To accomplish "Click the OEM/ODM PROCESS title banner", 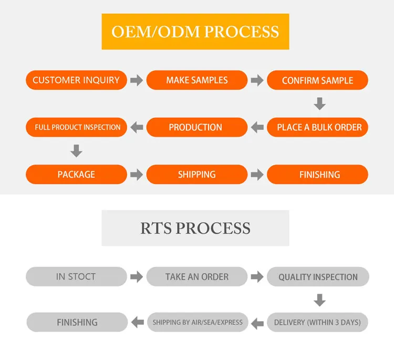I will pyautogui.click(x=195, y=32).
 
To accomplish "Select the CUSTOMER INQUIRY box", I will pyautogui.click(x=76, y=80).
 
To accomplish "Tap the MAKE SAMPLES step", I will pyautogui.click(x=197, y=80).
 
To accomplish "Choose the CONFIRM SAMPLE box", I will pyautogui.click(x=317, y=80).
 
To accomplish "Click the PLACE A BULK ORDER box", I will pyautogui.click(x=317, y=127).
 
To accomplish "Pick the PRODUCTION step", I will pyautogui.click(x=197, y=127).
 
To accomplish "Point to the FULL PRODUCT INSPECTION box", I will pyautogui.click(x=77, y=127).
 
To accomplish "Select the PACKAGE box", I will pyautogui.click(x=77, y=174).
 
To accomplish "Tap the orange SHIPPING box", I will pyautogui.click(x=197, y=174).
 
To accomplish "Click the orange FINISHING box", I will pyautogui.click(x=317, y=174).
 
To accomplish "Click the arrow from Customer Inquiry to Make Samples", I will pyautogui.click(x=137, y=80).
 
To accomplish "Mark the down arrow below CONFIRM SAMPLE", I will pyautogui.click(x=319, y=104).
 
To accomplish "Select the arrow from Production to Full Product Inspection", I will pyautogui.click(x=137, y=127).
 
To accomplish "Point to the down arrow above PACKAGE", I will pyautogui.click(x=76, y=151).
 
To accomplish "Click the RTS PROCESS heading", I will pyautogui.click(x=195, y=228).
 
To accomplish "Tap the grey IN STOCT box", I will pyautogui.click(x=77, y=276).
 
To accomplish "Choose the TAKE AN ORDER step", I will pyautogui.click(x=197, y=276).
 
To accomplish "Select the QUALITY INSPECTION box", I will pyautogui.click(x=318, y=277).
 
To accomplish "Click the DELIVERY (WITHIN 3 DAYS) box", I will pyautogui.click(x=317, y=322).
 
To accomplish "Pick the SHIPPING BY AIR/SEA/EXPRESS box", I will pyautogui.click(x=198, y=322).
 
